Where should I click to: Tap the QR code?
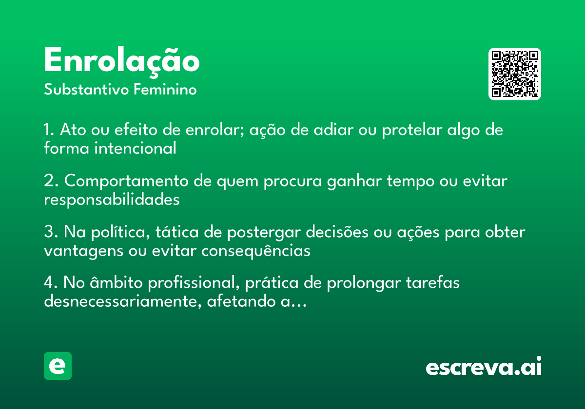(515, 74)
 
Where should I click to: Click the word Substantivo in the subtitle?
(86, 90)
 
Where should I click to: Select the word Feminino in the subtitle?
(165, 89)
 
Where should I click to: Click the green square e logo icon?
(58, 366)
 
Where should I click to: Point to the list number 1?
(49, 130)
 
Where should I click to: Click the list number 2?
(51, 181)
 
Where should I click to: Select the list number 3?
(51, 232)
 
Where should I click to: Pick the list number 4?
(51, 282)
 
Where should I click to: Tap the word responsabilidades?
(112, 200)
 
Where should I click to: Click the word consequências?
(256, 251)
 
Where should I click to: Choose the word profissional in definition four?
(194, 283)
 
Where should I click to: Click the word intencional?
(136, 148)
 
